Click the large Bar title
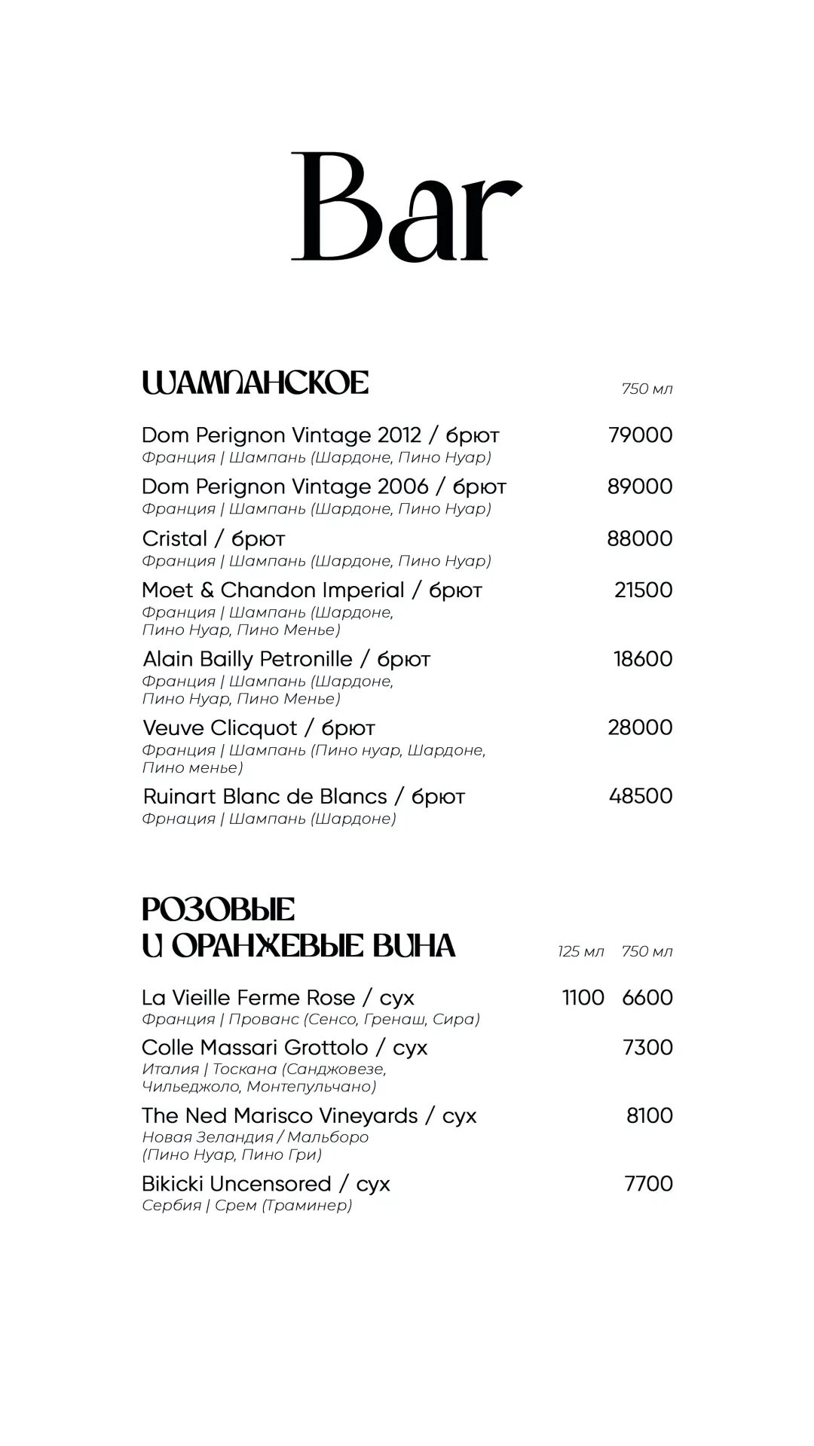406,207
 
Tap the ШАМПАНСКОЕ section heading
255,383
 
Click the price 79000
640,435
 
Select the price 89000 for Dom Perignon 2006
640,487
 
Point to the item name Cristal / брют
213,538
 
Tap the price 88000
640,538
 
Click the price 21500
643,590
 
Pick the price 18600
643,659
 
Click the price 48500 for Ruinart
641,796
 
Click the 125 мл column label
580,951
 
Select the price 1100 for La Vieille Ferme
583,997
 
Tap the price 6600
647,997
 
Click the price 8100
650,1115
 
